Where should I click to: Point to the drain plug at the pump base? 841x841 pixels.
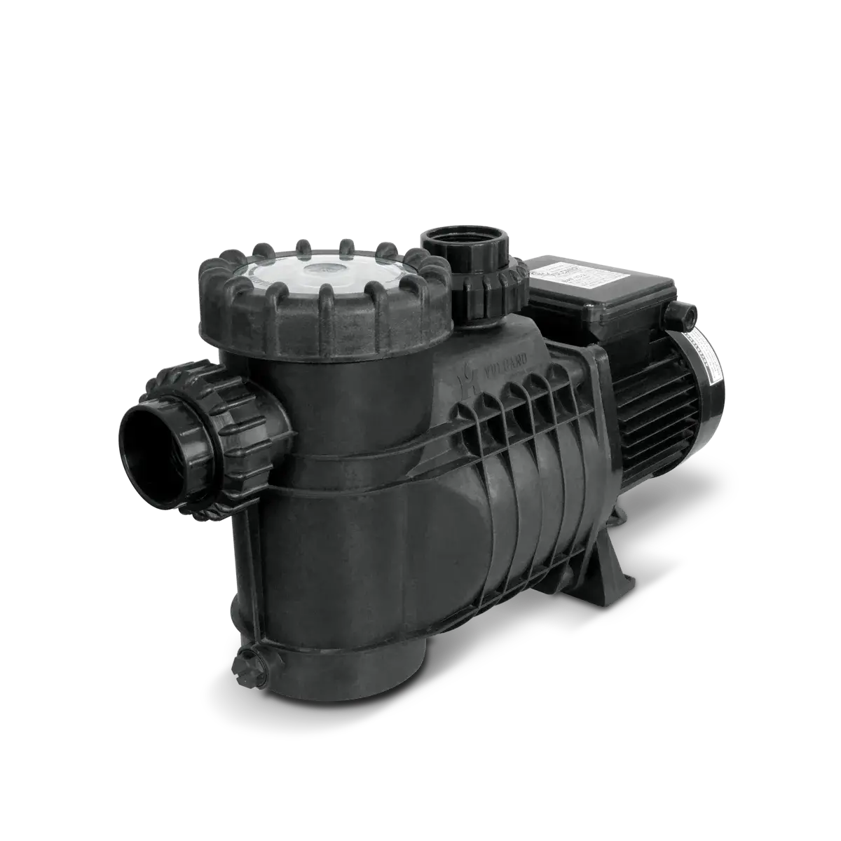tap(249, 662)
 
